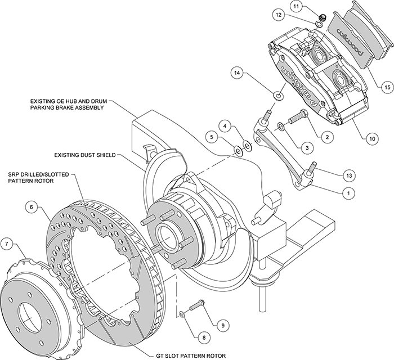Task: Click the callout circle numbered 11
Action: [297, 6]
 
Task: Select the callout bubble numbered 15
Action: [387, 87]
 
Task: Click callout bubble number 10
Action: [372, 138]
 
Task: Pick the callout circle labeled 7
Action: [7, 243]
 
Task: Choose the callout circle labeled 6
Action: [32, 208]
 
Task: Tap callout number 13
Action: [349, 175]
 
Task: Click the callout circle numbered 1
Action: [348, 193]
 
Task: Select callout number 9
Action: [223, 326]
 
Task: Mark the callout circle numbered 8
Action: [204, 337]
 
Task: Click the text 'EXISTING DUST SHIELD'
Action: [85, 155]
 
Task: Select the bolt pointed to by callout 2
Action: [298, 116]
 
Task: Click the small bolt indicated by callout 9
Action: [198, 305]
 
